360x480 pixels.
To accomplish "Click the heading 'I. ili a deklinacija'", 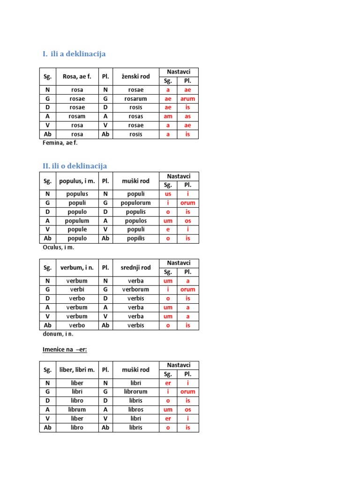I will pos(74,54).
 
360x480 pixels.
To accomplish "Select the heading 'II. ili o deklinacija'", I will pos(75,166).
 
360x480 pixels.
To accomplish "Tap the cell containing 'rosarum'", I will pos(136,99).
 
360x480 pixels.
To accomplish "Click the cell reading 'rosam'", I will pos(77,116).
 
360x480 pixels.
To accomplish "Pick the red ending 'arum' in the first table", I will pos(187,99).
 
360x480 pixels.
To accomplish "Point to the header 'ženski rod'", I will pos(136,76).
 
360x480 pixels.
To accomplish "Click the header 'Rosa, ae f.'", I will pos(77,76).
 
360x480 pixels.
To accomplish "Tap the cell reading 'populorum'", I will pos(136,203).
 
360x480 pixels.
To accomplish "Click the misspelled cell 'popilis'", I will pos(136,238).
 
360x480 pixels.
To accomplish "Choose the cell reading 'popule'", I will pos(77,230).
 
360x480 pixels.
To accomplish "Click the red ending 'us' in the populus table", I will pos(168,194).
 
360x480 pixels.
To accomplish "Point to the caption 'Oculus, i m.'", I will pos(59,247).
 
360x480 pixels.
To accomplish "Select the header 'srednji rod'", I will pos(136,268).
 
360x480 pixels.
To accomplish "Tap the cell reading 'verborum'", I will pos(136,290).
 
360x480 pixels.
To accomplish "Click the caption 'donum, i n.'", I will pos(58,334).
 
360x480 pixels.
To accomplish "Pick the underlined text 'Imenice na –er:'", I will pos(64,350).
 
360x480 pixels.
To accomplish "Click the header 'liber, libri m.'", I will pos(77,370).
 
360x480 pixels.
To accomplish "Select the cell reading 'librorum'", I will pos(136,391).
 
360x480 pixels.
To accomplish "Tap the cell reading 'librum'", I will pos(77,409).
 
